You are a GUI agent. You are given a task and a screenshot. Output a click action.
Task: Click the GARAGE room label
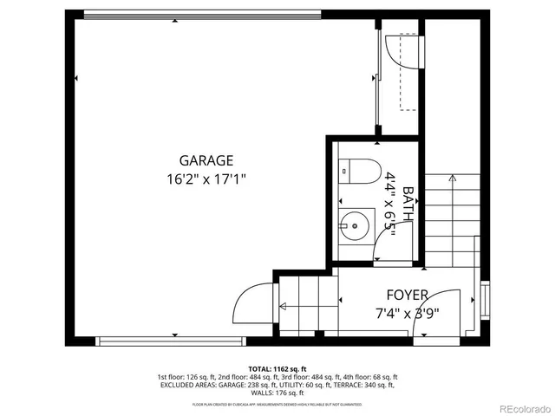tap(206, 160)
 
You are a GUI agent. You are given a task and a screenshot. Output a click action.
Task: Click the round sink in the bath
tap(356, 227)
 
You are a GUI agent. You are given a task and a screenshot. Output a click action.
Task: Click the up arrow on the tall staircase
tap(451, 179)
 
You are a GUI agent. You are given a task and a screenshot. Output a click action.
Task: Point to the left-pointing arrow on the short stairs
tap(282, 304)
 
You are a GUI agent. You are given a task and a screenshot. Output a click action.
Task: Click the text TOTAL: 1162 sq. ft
tap(277, 368)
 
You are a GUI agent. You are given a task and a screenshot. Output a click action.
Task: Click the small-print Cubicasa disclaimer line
tap(277, 404)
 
